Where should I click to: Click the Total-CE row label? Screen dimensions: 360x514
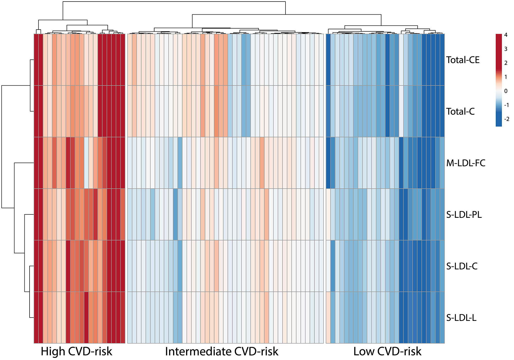463,60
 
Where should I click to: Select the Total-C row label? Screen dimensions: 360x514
460,112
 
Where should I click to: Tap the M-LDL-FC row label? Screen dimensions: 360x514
466,163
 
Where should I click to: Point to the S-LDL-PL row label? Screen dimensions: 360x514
464,215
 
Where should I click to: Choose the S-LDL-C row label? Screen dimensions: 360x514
462,266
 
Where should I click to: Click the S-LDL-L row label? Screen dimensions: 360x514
461,318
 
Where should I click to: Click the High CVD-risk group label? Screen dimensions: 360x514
76,352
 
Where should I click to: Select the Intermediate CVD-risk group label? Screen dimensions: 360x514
222,352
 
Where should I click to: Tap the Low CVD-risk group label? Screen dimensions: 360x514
387,352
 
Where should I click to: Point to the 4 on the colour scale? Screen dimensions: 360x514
506,35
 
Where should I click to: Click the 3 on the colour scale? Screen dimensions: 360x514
506,49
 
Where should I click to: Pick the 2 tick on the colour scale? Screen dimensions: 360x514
506,63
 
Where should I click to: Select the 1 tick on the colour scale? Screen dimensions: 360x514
506,77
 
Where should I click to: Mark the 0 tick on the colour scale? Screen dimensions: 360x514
506,91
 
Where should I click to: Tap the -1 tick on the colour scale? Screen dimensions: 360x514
506,105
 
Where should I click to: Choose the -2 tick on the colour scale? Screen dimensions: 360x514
506,119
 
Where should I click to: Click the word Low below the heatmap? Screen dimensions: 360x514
364,352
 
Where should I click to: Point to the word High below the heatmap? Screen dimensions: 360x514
53,352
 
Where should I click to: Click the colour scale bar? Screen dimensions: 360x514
499,80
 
